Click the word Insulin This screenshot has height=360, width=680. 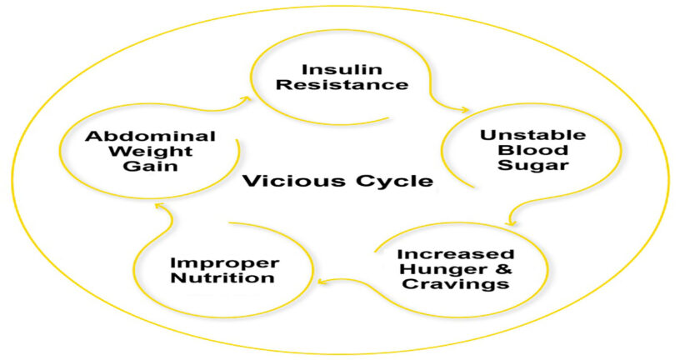point(331,68)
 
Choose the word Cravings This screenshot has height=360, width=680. point(456,284)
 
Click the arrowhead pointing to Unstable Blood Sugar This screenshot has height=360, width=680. point(463,109)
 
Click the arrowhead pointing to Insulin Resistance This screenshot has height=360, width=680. point(246,97)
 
